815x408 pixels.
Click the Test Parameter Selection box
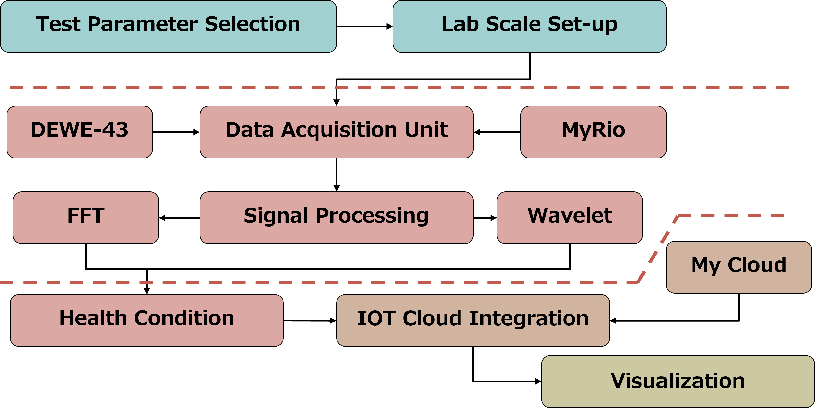point(168,26)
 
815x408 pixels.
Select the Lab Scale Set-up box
point(529,26)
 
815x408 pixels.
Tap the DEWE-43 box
point(79,132)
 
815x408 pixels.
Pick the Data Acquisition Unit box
point(336,132)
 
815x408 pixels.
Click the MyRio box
point(593,132)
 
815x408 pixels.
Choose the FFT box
point(86,218)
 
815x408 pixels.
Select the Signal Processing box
point(336,218)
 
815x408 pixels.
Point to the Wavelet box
point(569,218)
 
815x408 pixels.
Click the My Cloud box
point(739,267)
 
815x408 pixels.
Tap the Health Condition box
point(147,320)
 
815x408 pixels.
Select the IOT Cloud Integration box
point(473,320)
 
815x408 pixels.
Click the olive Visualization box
point(678,382)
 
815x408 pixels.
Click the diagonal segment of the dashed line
point(658,249)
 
